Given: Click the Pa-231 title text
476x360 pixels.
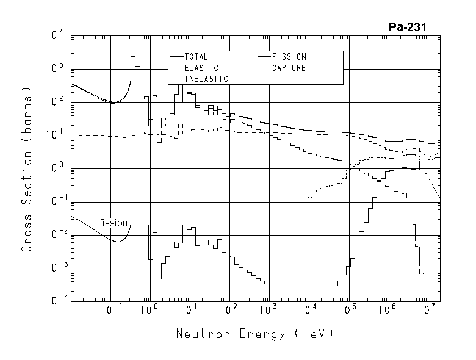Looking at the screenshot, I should [407, 27].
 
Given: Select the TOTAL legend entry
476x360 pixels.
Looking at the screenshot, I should [196, 57].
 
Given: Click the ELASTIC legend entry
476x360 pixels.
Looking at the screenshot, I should [201, 68].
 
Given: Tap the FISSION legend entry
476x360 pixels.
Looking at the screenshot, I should [289, 57].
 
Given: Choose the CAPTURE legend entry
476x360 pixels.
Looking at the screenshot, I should [289, 68].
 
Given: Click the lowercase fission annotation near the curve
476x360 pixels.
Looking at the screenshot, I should [114, 223].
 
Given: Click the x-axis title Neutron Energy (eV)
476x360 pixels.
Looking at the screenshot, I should [255, 334].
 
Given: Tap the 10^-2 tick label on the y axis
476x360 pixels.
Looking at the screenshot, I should [54, 236].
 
